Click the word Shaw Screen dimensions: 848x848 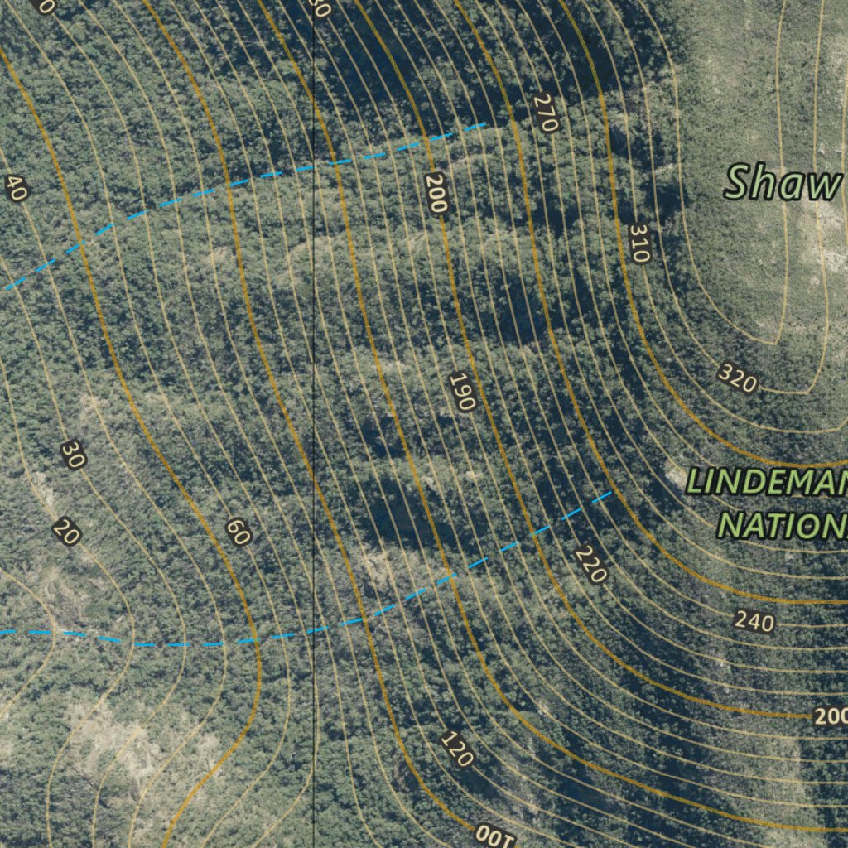[x=783, y=183]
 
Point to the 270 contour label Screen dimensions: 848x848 [x=545, y=113]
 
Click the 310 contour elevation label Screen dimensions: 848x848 [x=638, y=243]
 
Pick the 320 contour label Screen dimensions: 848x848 [x=737, y=378]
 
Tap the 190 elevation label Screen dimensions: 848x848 [x=462, y=393]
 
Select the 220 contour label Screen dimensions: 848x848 [x=591, y=564]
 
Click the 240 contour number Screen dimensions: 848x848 [x=754, y=621]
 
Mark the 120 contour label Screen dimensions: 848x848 [x=456, y=749]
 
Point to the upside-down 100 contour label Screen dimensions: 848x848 [x=495, y=835]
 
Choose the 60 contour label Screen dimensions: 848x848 [x=238, y=532]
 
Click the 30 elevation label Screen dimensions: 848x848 [x=73, y=455]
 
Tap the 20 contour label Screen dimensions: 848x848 [x=66, y=531]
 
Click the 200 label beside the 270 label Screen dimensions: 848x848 [x=436, y=194]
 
